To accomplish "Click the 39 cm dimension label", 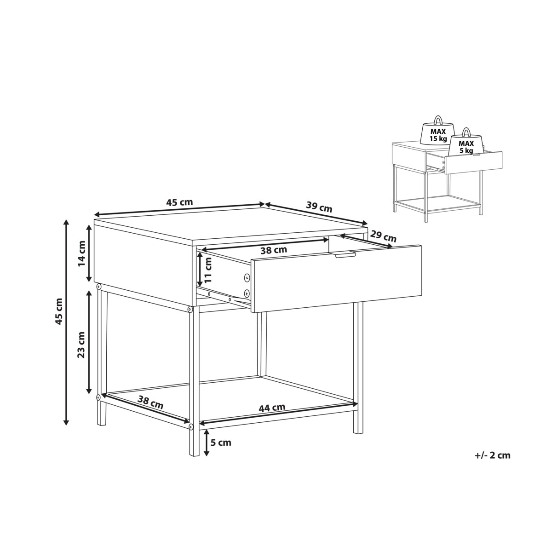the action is click(319, 207).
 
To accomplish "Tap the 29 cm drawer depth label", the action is click(383, 236).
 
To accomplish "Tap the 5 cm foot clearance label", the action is click(221, 443).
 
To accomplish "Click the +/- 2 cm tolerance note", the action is click(492, 463).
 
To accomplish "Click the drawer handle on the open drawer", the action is click(345, 255).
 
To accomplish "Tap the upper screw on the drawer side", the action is click(247, 277).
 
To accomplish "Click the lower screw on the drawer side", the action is click(247, 293).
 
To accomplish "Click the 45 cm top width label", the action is click(179, 202).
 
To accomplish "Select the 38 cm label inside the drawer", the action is click(274, 250).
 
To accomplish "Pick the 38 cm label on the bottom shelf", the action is click(150, 402).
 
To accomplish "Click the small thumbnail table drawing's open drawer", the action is click(464, 162).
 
